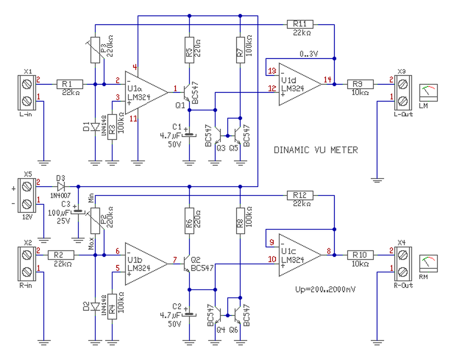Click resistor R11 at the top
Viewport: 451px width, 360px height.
coord(300,24)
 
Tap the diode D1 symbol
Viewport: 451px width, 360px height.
coord(95,127)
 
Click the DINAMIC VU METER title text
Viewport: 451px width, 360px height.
coord(316,150)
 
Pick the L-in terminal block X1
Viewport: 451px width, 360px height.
coord(27,92)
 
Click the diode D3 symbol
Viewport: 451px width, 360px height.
coord(61,186)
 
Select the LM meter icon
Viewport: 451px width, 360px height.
coord(428,93)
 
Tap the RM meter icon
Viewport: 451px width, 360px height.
coord(428,263)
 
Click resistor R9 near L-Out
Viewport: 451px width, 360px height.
coord(360,84)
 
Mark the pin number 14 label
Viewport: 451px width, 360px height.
coord(328,79)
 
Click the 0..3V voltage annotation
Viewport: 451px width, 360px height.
coord(309,54)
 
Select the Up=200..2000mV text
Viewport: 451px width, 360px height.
coord(325,289)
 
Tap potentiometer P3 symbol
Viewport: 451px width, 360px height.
coord(95,50)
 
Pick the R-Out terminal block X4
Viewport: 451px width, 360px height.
coord(402,263)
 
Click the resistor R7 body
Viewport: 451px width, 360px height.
coord(240,50)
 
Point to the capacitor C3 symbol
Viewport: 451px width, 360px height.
coord(78,212)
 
